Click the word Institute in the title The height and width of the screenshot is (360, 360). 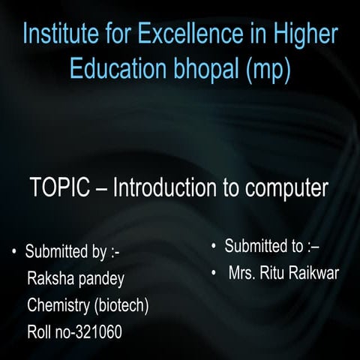[x=58, y=34]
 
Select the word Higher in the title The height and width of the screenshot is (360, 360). [x=301, y=34]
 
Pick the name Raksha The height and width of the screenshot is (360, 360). [x=49, y=279]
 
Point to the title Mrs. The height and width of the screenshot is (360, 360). [x=243, y=271]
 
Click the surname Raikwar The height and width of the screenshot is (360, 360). [x=316, y=271]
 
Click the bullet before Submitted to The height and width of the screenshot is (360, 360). [x=214, y=246]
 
